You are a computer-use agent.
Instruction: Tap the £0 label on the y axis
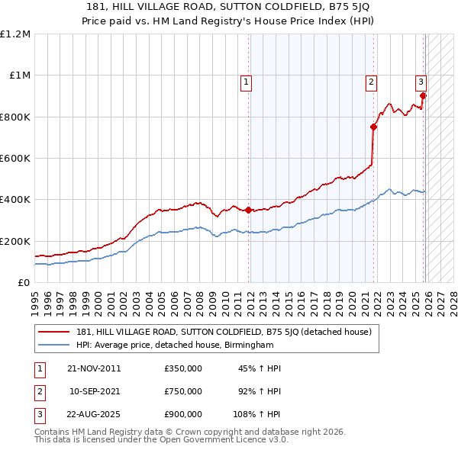[x=23, y=282]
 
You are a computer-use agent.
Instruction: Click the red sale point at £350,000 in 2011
[x=249, y=210]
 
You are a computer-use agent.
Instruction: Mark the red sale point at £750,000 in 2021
[x=373, y=127]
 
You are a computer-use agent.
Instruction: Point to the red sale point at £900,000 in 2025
[x=424, y=96]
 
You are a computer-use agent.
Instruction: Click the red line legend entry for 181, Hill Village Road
[x=224, y=332]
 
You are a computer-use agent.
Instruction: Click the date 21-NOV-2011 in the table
[x=94, y=368]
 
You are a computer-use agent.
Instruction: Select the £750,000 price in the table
[x=183, y=391]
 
